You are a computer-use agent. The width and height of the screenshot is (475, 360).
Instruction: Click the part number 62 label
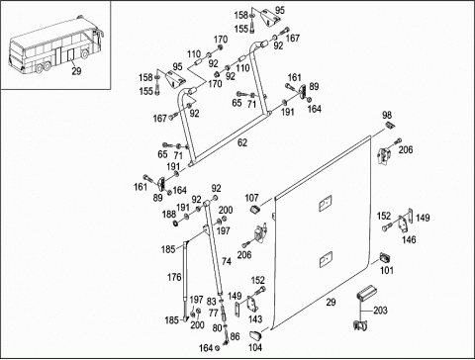click(x=242, y=142)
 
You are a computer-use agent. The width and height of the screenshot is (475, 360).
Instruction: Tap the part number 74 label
click(x=227, y=261)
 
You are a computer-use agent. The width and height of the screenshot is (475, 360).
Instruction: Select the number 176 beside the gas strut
click(x=174, y=277)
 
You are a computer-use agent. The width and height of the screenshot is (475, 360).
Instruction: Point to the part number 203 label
click(x=380, y=311)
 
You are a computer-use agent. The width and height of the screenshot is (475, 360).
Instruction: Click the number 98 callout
click(x=387, y=115)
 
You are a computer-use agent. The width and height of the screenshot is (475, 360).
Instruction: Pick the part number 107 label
click(x=251, y=198)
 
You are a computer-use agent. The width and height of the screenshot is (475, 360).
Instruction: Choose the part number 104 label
click(x=255, y=347)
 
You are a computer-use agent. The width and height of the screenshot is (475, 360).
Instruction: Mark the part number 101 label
click(x=387, y=270)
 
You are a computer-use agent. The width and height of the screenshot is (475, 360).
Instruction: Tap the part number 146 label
click(x=409, y=239)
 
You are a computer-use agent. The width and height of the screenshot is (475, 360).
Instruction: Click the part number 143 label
click(x=255, y=318)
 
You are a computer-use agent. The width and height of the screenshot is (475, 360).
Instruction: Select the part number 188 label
click(x=169, y=214)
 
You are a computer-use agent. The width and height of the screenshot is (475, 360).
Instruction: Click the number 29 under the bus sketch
click(x=76, y=71)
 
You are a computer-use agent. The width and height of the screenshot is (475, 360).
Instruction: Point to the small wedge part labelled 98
click(x=390, y=125)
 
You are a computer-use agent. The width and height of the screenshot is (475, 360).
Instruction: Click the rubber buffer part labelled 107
click(x=255, y=210)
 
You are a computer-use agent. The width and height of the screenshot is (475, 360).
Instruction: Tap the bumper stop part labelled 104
click(x=255, y=335)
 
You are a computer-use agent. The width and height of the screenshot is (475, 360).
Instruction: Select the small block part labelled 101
click(x=384, y=258)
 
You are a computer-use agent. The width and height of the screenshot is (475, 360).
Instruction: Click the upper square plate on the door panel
click(x=326, y=204)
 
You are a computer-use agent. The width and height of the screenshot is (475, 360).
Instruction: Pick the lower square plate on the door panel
click(x=326, y=259)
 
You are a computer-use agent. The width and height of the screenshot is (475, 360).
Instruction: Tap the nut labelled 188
click(x=176, y=224)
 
